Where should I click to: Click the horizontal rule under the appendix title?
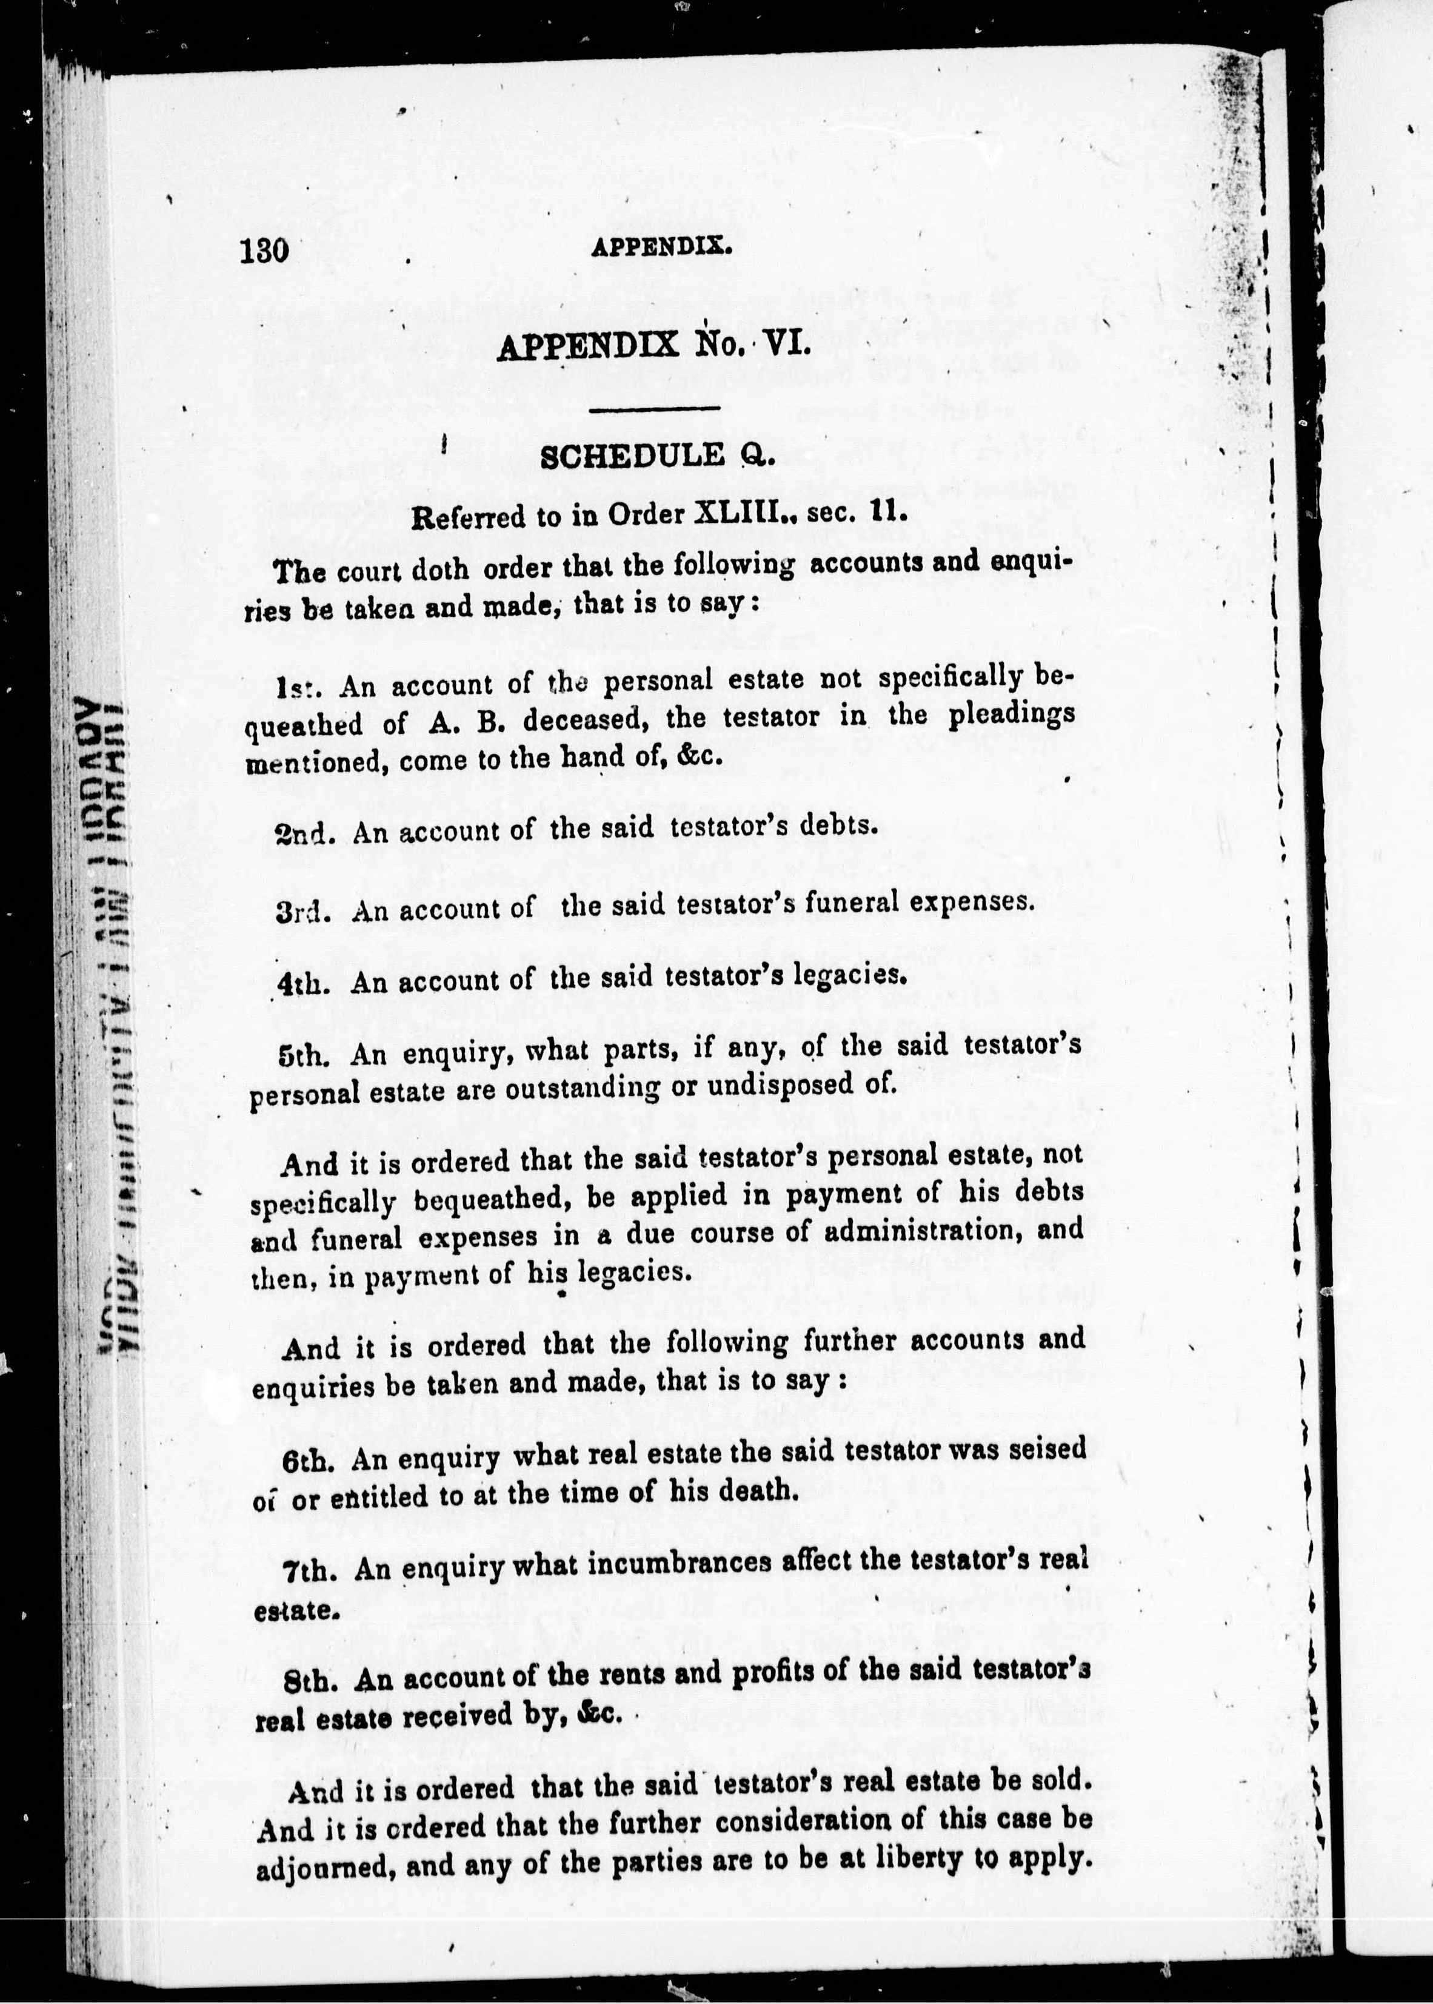pos(655,408)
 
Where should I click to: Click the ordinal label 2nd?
pos(304,833)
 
